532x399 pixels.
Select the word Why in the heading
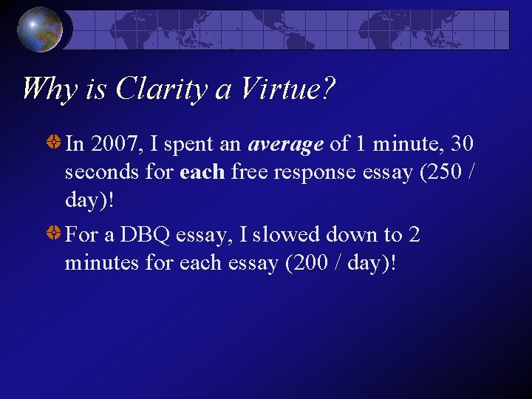coord(47,89)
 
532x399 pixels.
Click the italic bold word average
coord(286,144)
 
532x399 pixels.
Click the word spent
coord(188,144)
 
